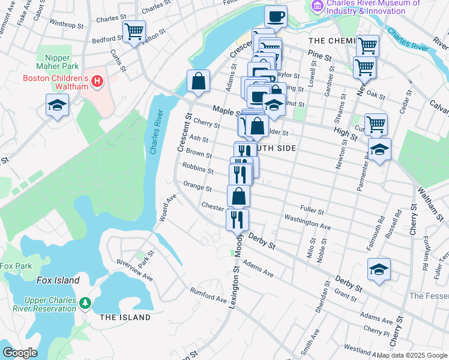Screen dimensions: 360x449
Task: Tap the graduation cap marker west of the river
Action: click(x=57, y=106)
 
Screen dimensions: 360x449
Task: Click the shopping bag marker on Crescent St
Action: click(x=198, y=81)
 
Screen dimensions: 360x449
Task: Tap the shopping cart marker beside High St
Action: click(x=376, y=125)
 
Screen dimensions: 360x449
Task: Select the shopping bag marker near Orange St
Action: click(x=238, y=196)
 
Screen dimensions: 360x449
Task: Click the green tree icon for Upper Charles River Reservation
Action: click(x=86, y=302)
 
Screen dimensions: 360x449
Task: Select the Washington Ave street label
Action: click(x=307, y=221)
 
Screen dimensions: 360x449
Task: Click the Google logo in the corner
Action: click(x=20, y=352)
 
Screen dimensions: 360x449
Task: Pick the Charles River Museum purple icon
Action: click(x=317, y=6)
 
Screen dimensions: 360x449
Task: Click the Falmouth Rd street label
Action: click(x=381, y=228)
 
